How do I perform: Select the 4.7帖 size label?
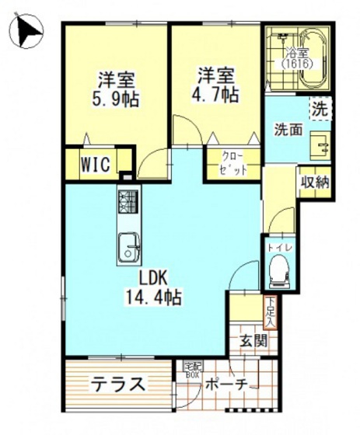point(217,96)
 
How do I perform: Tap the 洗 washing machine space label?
point(320,109)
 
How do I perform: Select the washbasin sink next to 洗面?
point(320,143)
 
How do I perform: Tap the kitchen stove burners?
point(128,204)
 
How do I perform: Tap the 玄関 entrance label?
point(252,339)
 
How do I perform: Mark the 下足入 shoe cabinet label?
point(269,311)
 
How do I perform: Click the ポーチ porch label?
point(226,385)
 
